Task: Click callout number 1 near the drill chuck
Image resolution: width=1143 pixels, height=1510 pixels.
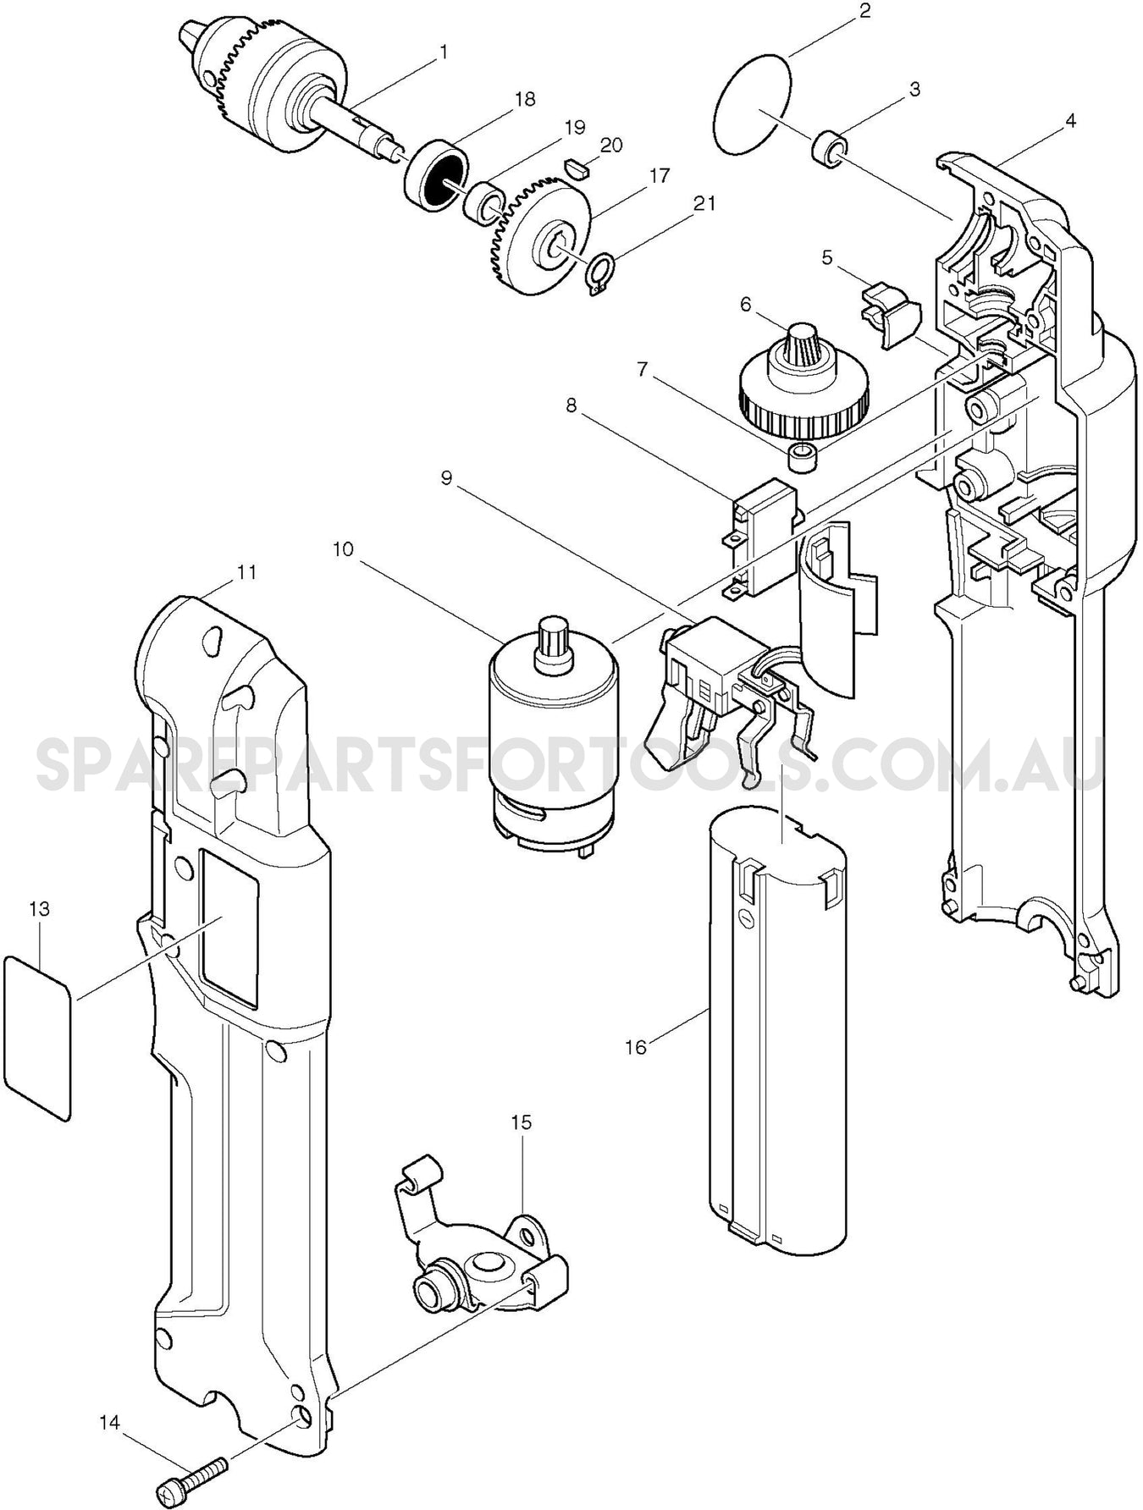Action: (442, 52)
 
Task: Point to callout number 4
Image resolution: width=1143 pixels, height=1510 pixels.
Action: (1070, 121)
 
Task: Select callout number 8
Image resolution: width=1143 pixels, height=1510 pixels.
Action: (571, 406)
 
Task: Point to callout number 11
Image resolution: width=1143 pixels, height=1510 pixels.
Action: (246, 573)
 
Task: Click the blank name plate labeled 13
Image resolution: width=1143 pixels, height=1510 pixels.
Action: (37, 1036)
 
